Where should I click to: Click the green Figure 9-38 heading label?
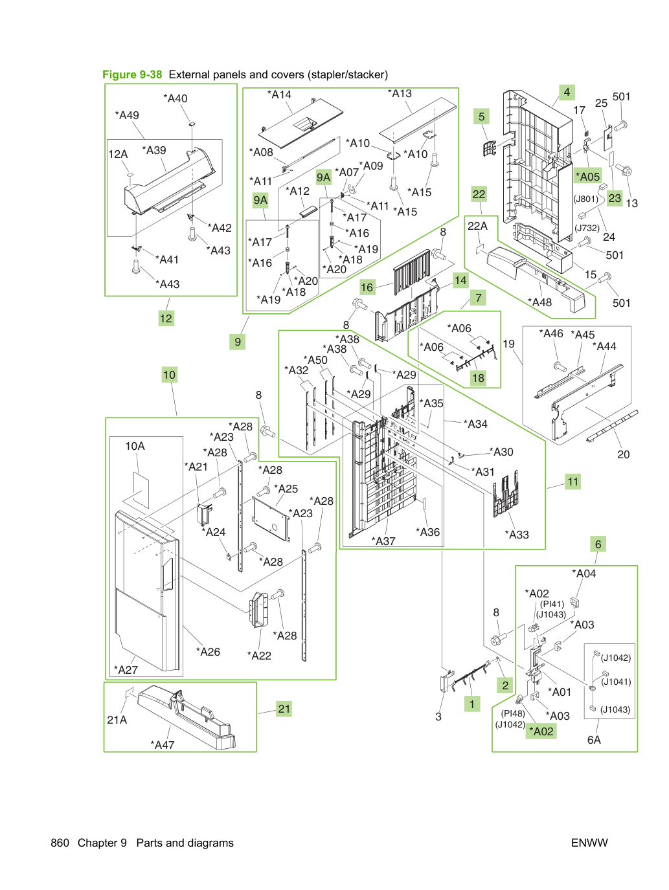132,74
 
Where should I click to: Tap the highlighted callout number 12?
166,318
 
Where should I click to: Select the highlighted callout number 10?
169,375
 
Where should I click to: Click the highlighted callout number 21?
284,709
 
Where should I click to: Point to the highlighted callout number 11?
573,482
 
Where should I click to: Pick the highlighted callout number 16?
367,287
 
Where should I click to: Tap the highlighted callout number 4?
567,93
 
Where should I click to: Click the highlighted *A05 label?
588,176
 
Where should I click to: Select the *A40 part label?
176,98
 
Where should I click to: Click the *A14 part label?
279,95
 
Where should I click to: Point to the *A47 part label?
163,745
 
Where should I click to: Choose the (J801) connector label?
586,199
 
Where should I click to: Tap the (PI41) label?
552,604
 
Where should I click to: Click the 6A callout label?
594,740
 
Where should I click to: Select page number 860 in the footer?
60,843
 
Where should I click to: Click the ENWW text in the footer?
589,843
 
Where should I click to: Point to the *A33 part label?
517,535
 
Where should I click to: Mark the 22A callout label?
477,226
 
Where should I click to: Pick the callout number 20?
624,454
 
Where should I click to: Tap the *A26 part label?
208,652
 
